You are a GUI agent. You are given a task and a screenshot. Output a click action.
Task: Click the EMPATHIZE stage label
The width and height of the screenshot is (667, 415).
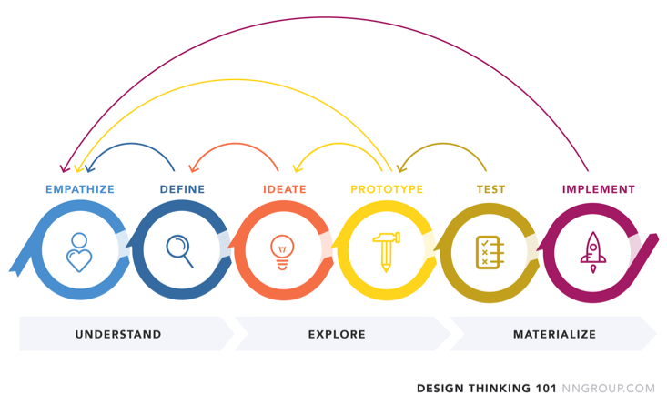coord(80,189)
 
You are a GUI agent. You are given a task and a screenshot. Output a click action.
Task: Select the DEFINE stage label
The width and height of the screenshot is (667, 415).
coord(182,189)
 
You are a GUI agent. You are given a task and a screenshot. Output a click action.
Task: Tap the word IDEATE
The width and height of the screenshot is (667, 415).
coord(285,189)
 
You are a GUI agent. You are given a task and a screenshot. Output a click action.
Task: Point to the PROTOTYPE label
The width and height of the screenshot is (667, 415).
coord(387,189)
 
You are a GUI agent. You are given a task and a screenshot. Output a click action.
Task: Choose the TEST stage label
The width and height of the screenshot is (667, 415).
coord(490,189)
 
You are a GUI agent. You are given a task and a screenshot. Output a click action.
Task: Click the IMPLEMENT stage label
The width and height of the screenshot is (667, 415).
coord(599,189)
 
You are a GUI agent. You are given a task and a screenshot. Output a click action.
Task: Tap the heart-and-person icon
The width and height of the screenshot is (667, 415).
coord(79,252)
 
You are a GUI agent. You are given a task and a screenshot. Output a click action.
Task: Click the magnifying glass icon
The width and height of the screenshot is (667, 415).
coord(180,251)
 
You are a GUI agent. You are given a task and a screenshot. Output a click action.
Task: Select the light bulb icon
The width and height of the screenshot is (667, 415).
coord(282,252)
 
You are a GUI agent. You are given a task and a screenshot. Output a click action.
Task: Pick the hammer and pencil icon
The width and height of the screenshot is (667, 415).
coord(386,252)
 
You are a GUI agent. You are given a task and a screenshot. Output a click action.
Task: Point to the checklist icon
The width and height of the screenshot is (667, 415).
coord(490,252)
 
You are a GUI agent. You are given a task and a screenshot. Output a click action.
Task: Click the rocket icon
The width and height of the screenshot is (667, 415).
coord(593,252)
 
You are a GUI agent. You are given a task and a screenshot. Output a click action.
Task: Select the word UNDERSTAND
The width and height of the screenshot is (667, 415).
coord(118,335)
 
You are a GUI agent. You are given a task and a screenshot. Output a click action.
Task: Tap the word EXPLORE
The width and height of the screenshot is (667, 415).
coord(337,335)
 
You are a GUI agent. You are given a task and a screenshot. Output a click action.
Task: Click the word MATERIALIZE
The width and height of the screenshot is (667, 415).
coord(555,335)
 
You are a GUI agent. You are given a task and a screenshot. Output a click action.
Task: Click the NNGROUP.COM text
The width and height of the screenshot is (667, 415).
coord(608,389)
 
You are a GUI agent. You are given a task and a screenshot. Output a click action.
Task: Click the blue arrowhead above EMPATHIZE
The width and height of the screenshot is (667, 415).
coord(89,168)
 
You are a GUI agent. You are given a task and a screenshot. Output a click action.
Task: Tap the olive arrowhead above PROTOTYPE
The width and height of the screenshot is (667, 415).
coord(401,168)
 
